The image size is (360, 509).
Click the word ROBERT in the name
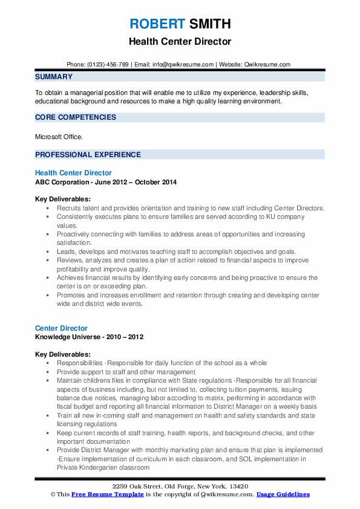point(154,24)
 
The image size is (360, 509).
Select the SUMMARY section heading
point(54,77)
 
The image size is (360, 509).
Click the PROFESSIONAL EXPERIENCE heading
point(88,154)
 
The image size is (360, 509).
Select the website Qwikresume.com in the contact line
point(269,64)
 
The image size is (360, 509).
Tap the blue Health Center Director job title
point(73,173)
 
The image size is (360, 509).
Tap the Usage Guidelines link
point(283,494)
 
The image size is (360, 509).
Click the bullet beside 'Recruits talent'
point(48,208)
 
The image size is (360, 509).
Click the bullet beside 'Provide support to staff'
point(48,372)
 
